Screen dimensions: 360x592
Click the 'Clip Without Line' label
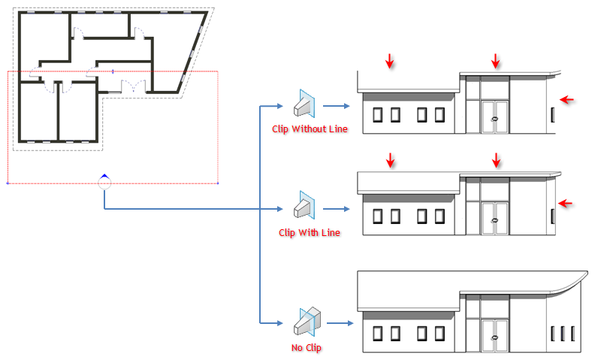coord(310,129)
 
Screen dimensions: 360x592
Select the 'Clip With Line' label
coord(309,233)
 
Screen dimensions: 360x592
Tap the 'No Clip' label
coord(306,348)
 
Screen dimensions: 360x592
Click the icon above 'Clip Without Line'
coord(306,104)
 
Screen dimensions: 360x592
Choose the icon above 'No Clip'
coord(306,322)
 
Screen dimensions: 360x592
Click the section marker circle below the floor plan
coord(104,183)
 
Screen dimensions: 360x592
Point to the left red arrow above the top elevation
coord(389,61)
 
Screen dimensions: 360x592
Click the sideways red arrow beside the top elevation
coord(566,98)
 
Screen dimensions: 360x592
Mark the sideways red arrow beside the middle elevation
coord(566,201)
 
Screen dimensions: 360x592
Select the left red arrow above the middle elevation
coord(389,160)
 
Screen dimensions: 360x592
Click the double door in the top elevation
coord(494,116)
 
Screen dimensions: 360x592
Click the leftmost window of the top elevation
coord(377,114)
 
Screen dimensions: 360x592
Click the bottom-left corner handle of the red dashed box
coord(8,183)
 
